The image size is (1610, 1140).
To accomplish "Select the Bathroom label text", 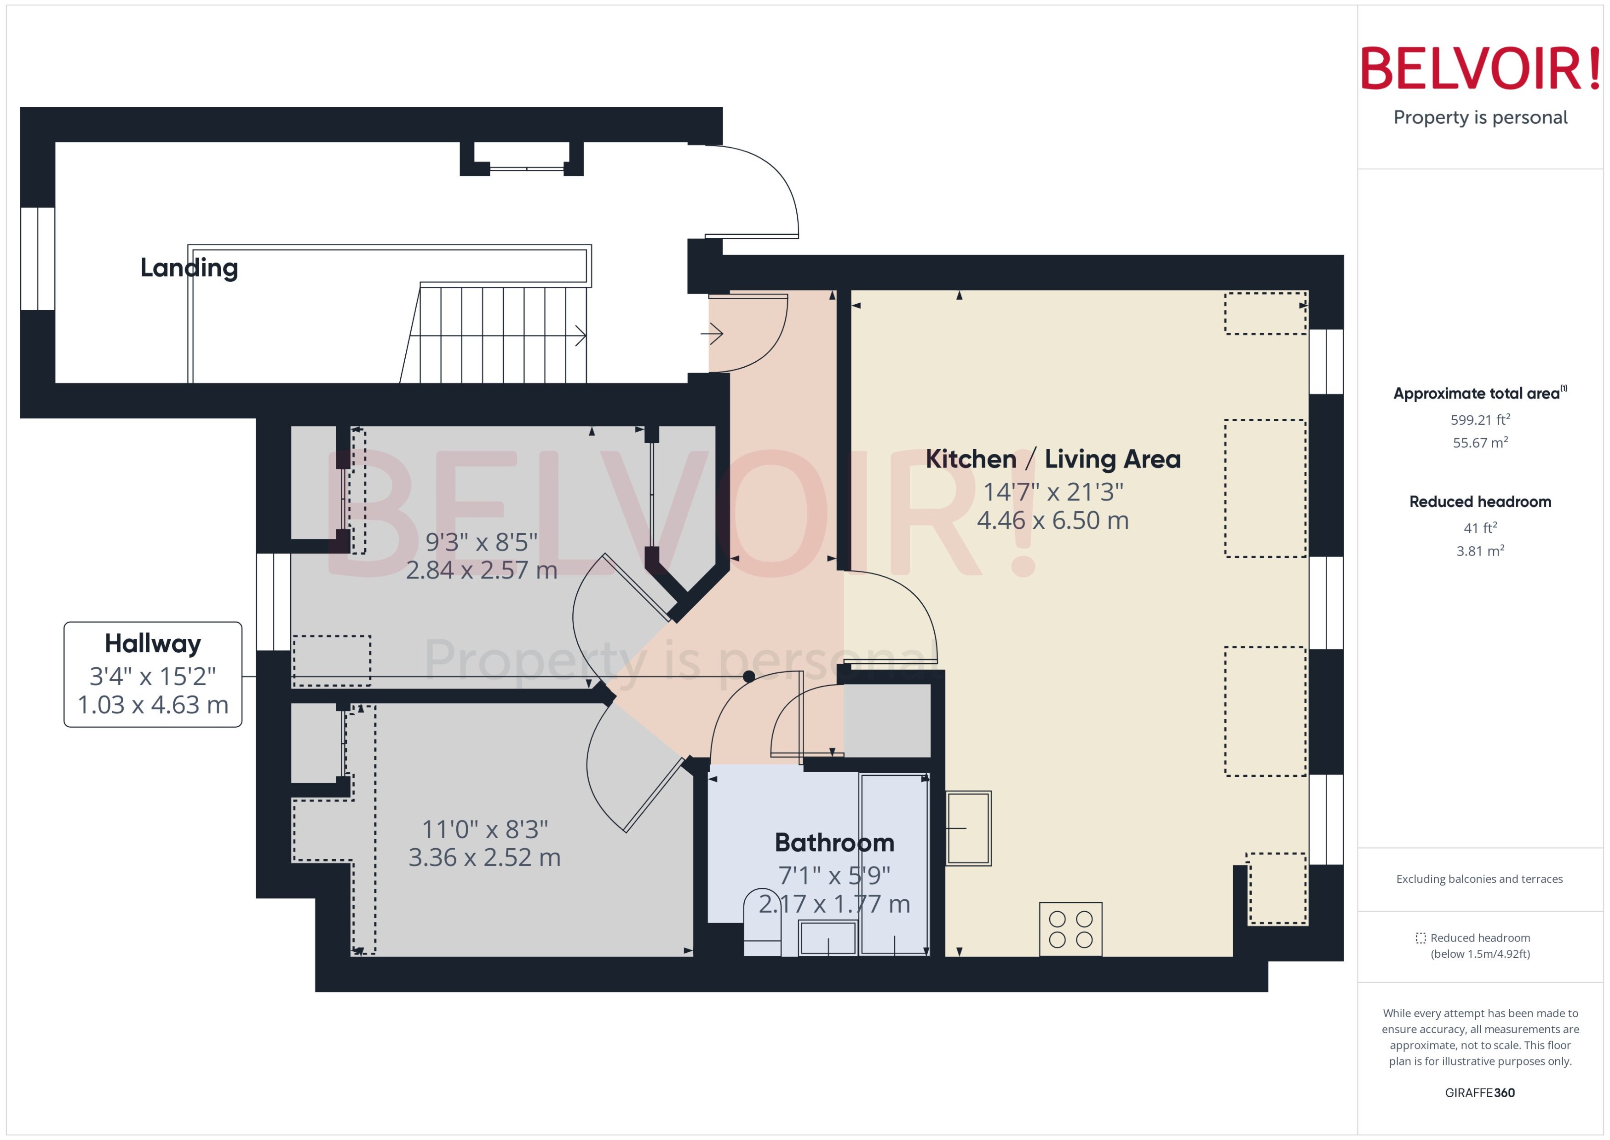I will click(x=834, y=842).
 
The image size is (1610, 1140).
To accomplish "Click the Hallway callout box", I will click(x=153, y=674).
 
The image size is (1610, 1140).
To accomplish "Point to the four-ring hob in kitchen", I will click(x=1070, y=929).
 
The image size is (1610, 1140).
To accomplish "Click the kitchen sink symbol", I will click(x=968, y=828).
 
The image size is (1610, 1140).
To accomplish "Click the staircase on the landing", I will click(x=501, y=335).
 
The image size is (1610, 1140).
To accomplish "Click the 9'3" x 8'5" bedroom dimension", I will click(x=481, y=542).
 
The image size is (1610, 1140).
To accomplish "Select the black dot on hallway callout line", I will click(x=748, y=677).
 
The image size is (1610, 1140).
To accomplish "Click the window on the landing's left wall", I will click(x=38, y=258).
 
